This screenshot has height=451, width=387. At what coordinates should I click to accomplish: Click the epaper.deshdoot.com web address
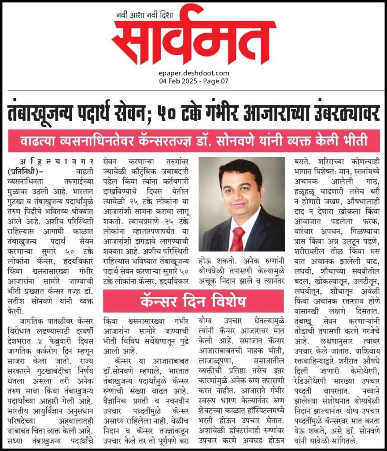tap(194, 73)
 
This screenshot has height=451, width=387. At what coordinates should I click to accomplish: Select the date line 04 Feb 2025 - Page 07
tap(194, 81)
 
